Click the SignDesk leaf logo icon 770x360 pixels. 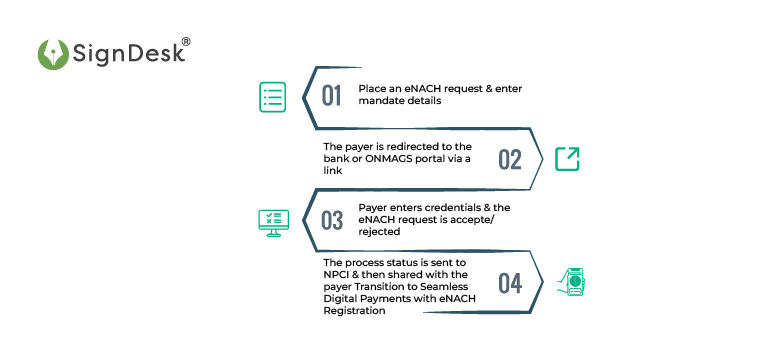(52, 55)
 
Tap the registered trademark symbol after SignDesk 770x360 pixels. (185, 42)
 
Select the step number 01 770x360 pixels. (331, 96)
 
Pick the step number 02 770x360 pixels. (510, 159)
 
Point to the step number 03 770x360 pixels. (332, 220)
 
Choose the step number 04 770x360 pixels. (510, 283)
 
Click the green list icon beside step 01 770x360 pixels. (273, 96)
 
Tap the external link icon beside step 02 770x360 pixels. (567, 158)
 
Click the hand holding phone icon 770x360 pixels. (573, 282)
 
